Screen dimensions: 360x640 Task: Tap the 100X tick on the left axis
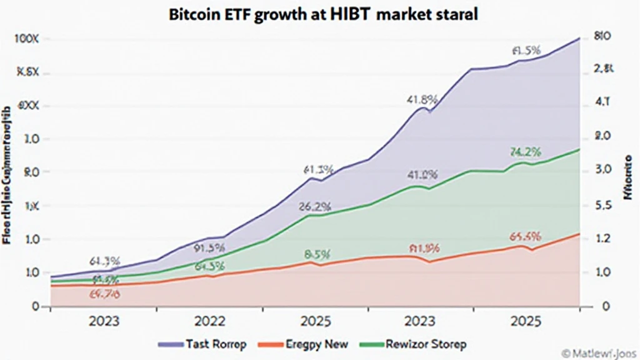click(26, 39)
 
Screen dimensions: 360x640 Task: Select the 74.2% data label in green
click(525, 152)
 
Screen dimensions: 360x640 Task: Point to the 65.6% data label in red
click(525, 237)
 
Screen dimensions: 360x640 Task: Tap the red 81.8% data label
click(424, 249)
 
